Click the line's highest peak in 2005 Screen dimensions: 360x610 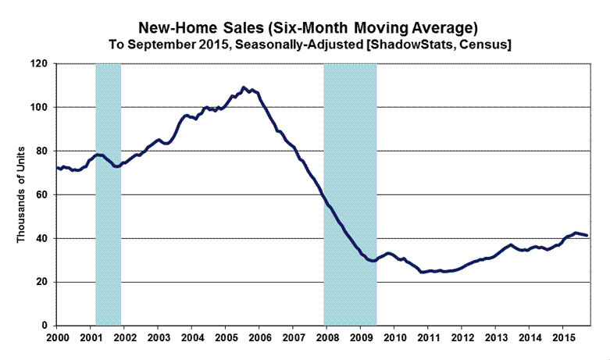coord(244,87)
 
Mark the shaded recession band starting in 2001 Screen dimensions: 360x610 coord(108,194)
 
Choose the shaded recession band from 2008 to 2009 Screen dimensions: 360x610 coord(350,194)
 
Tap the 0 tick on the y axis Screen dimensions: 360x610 coord(47,326)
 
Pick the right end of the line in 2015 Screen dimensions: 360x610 coord(587,235)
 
